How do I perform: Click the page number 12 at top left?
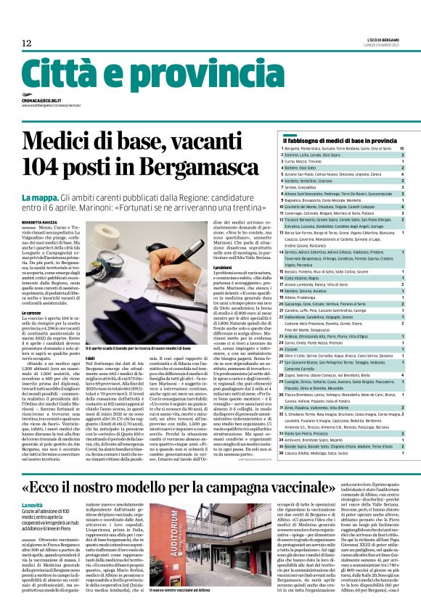point(26,44)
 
